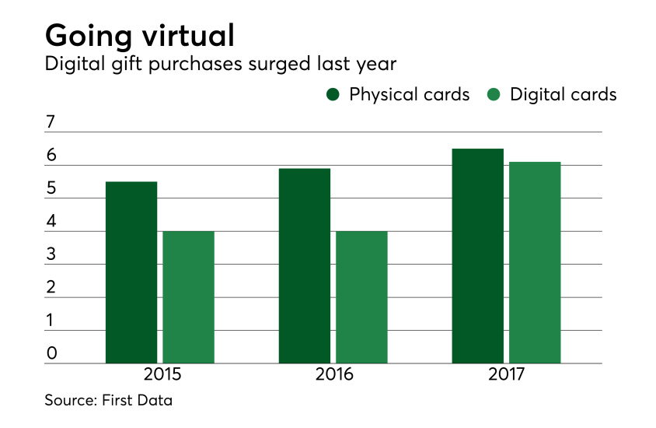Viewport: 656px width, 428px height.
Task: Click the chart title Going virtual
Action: (x=141, y=36)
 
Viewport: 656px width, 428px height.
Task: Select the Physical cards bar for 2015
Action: (x=131, y=272)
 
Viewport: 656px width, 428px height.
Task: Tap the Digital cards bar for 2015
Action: (x=188, y=297)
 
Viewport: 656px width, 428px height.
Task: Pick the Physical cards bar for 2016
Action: (x=304, y=266)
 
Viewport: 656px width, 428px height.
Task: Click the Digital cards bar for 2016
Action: (x=361, y=297)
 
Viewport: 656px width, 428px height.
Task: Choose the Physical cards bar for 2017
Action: (x=477, y=256)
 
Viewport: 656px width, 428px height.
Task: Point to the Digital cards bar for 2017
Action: (x=535, y=262)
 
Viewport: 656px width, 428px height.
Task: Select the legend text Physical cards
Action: (x=409, y=95)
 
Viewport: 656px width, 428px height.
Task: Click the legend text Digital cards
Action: (x=563, y=95)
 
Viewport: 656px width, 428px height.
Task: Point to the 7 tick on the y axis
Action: (x=51, y=122)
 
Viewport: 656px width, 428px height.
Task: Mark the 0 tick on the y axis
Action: (x=51, y=353)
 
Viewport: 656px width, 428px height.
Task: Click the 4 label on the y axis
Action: (x=51, y=221)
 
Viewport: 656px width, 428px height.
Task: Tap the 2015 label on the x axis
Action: (x=162, y=375)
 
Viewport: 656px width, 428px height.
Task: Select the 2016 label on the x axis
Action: (x=334, y=375)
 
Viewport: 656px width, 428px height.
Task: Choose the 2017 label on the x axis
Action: (x=507, y=375)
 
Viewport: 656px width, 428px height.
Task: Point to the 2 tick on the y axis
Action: (x=51, y=287)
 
